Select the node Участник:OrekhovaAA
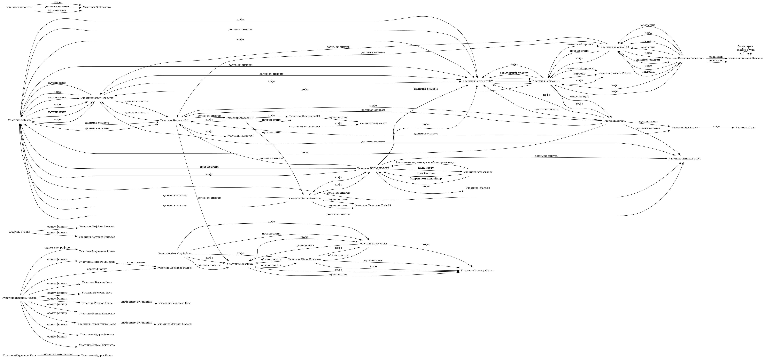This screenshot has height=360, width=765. (97, 7)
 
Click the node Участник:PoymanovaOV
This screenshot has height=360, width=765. (478, 81)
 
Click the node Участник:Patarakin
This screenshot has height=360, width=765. (478, 188)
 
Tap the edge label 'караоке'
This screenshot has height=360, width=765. (579, 74)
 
